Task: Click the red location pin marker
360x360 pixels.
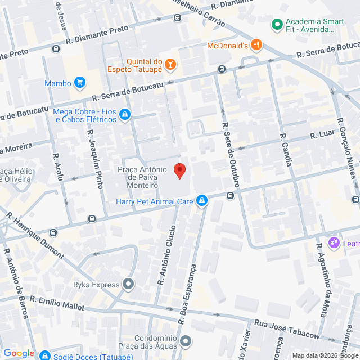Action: [180, 170]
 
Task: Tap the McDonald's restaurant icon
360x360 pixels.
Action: [256, 45]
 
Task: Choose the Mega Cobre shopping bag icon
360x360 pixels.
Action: [125, 115]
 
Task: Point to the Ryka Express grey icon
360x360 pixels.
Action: [129, 285]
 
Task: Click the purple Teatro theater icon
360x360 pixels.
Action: [334, 242]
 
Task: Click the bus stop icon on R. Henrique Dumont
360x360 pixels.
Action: [53, 232]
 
